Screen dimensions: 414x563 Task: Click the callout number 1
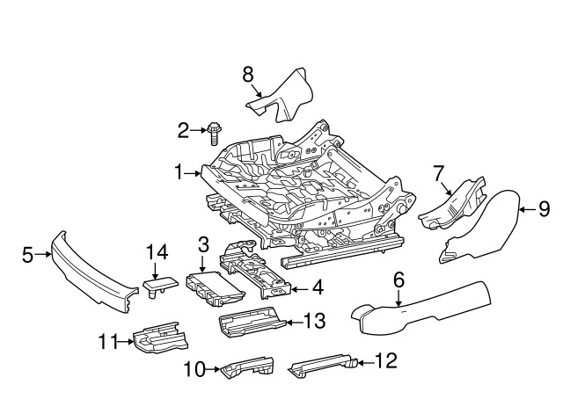[x=179, y=173]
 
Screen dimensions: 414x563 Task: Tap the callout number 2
[x=183, y=132]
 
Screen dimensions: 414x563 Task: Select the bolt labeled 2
[x=213, y=133]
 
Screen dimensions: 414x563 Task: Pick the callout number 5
[x=27, y=255]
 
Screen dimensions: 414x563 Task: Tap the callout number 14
[x=156, y=252]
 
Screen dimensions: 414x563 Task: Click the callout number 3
[x=202, y=244]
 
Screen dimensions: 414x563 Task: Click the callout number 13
[x=314, y=321]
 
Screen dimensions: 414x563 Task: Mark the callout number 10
[x=194, y=369]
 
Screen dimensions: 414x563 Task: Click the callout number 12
[x=385, y=360]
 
